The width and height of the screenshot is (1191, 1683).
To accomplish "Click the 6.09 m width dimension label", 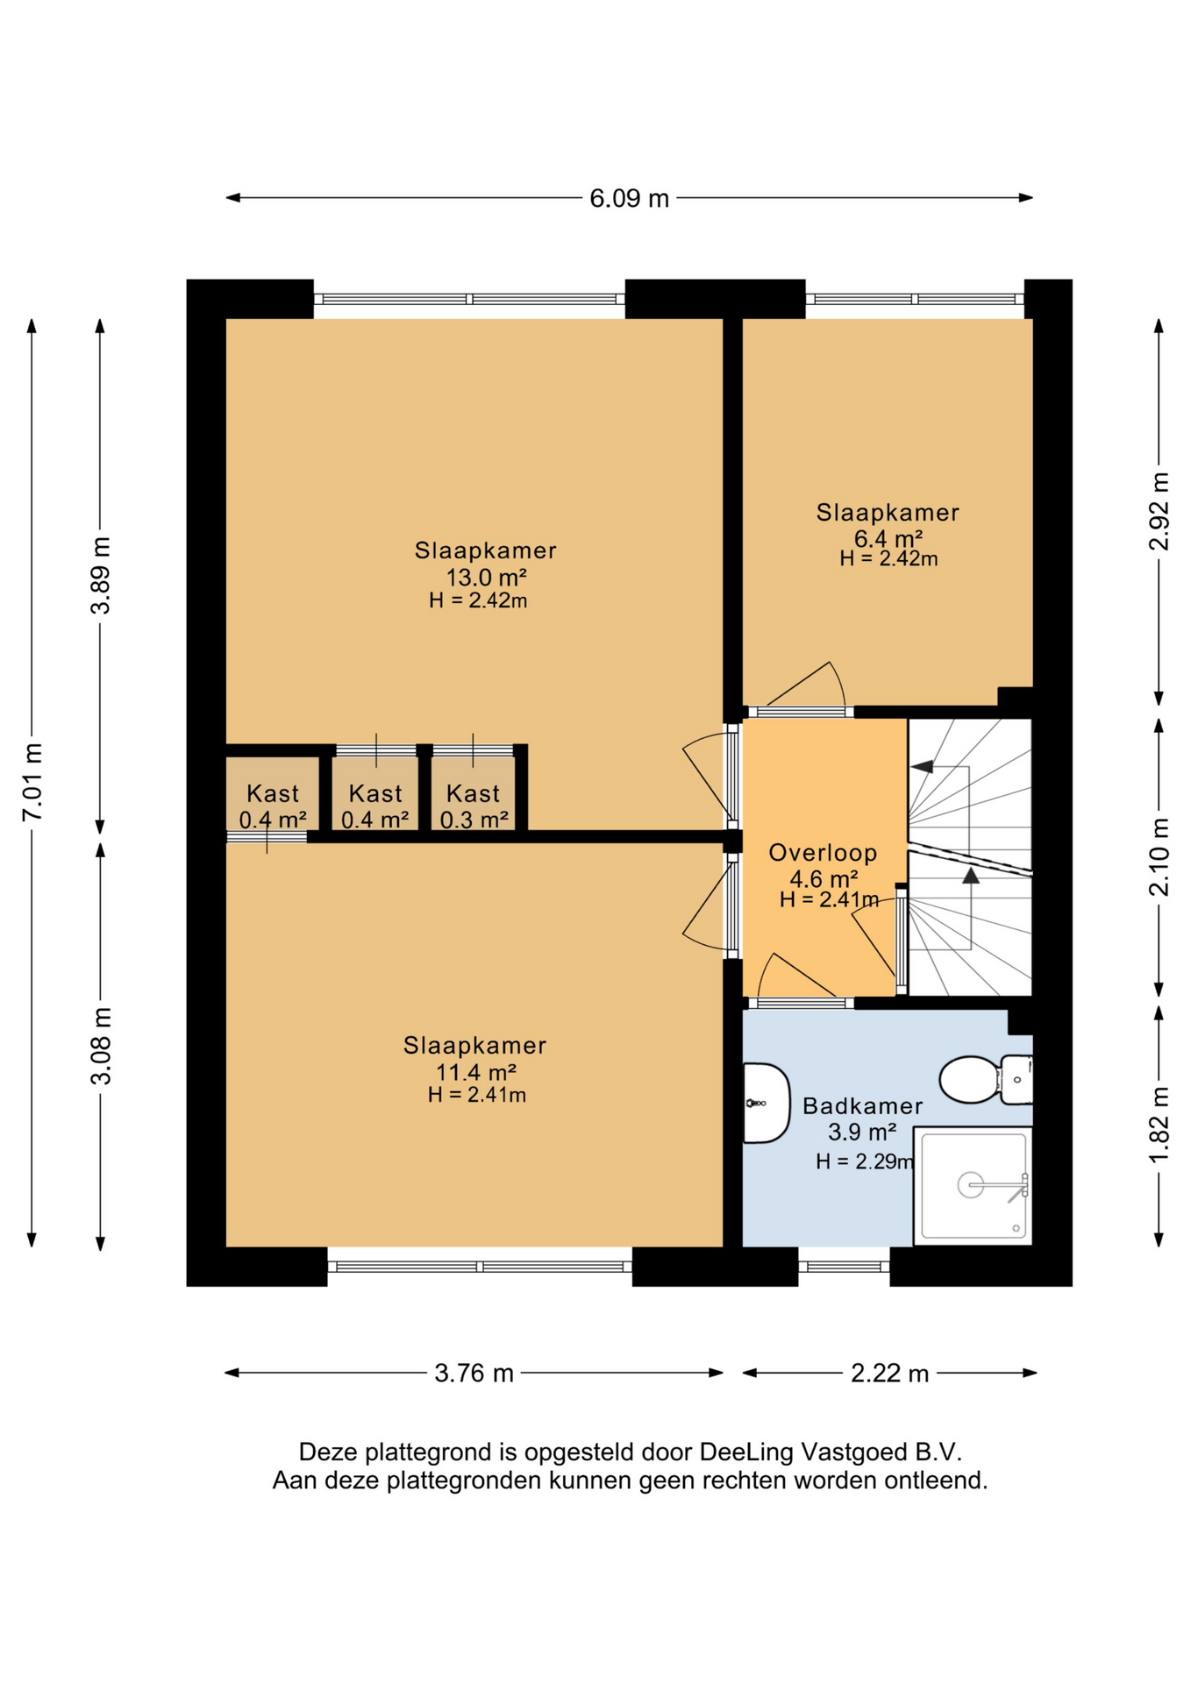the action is pos(629,198).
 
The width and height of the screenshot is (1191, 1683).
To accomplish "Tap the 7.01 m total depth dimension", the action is pos(32,782).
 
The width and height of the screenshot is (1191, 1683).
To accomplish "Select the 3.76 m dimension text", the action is pos(474,1373).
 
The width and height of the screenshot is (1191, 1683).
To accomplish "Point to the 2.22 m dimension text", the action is pos(889,1373).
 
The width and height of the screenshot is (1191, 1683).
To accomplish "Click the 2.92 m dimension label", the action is pos(1159,511).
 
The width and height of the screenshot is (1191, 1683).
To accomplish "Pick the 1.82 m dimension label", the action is pos(1159,1125).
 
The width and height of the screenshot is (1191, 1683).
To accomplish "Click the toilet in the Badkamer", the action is pos(986,1079).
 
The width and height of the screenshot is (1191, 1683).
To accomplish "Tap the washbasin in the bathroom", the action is pos(766,1103).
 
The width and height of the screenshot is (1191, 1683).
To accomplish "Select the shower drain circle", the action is pos(970,1185).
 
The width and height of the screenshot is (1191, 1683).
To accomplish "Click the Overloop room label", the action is pos(823,853).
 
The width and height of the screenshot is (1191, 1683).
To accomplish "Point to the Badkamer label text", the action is pos(862,1106).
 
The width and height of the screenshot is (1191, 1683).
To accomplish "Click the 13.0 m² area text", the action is pos(486,578).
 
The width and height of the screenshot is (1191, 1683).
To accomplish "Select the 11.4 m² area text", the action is pos(475,1072).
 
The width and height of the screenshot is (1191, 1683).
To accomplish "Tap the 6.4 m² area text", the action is pos(888,538).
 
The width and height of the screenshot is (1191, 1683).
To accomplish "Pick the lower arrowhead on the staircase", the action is pos(970,875).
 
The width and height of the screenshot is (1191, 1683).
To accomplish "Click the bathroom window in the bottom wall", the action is pos(844,1267).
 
